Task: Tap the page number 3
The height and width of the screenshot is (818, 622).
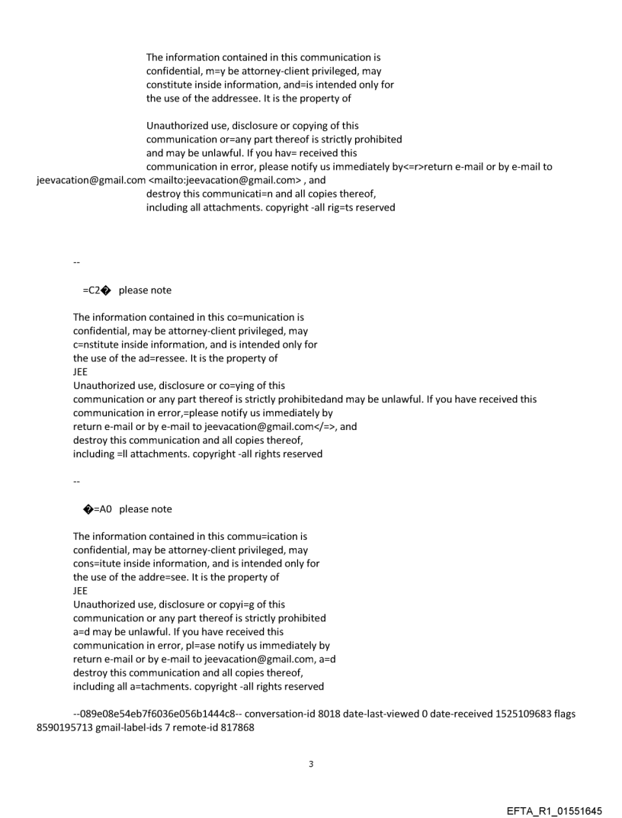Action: tap(310, 763)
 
